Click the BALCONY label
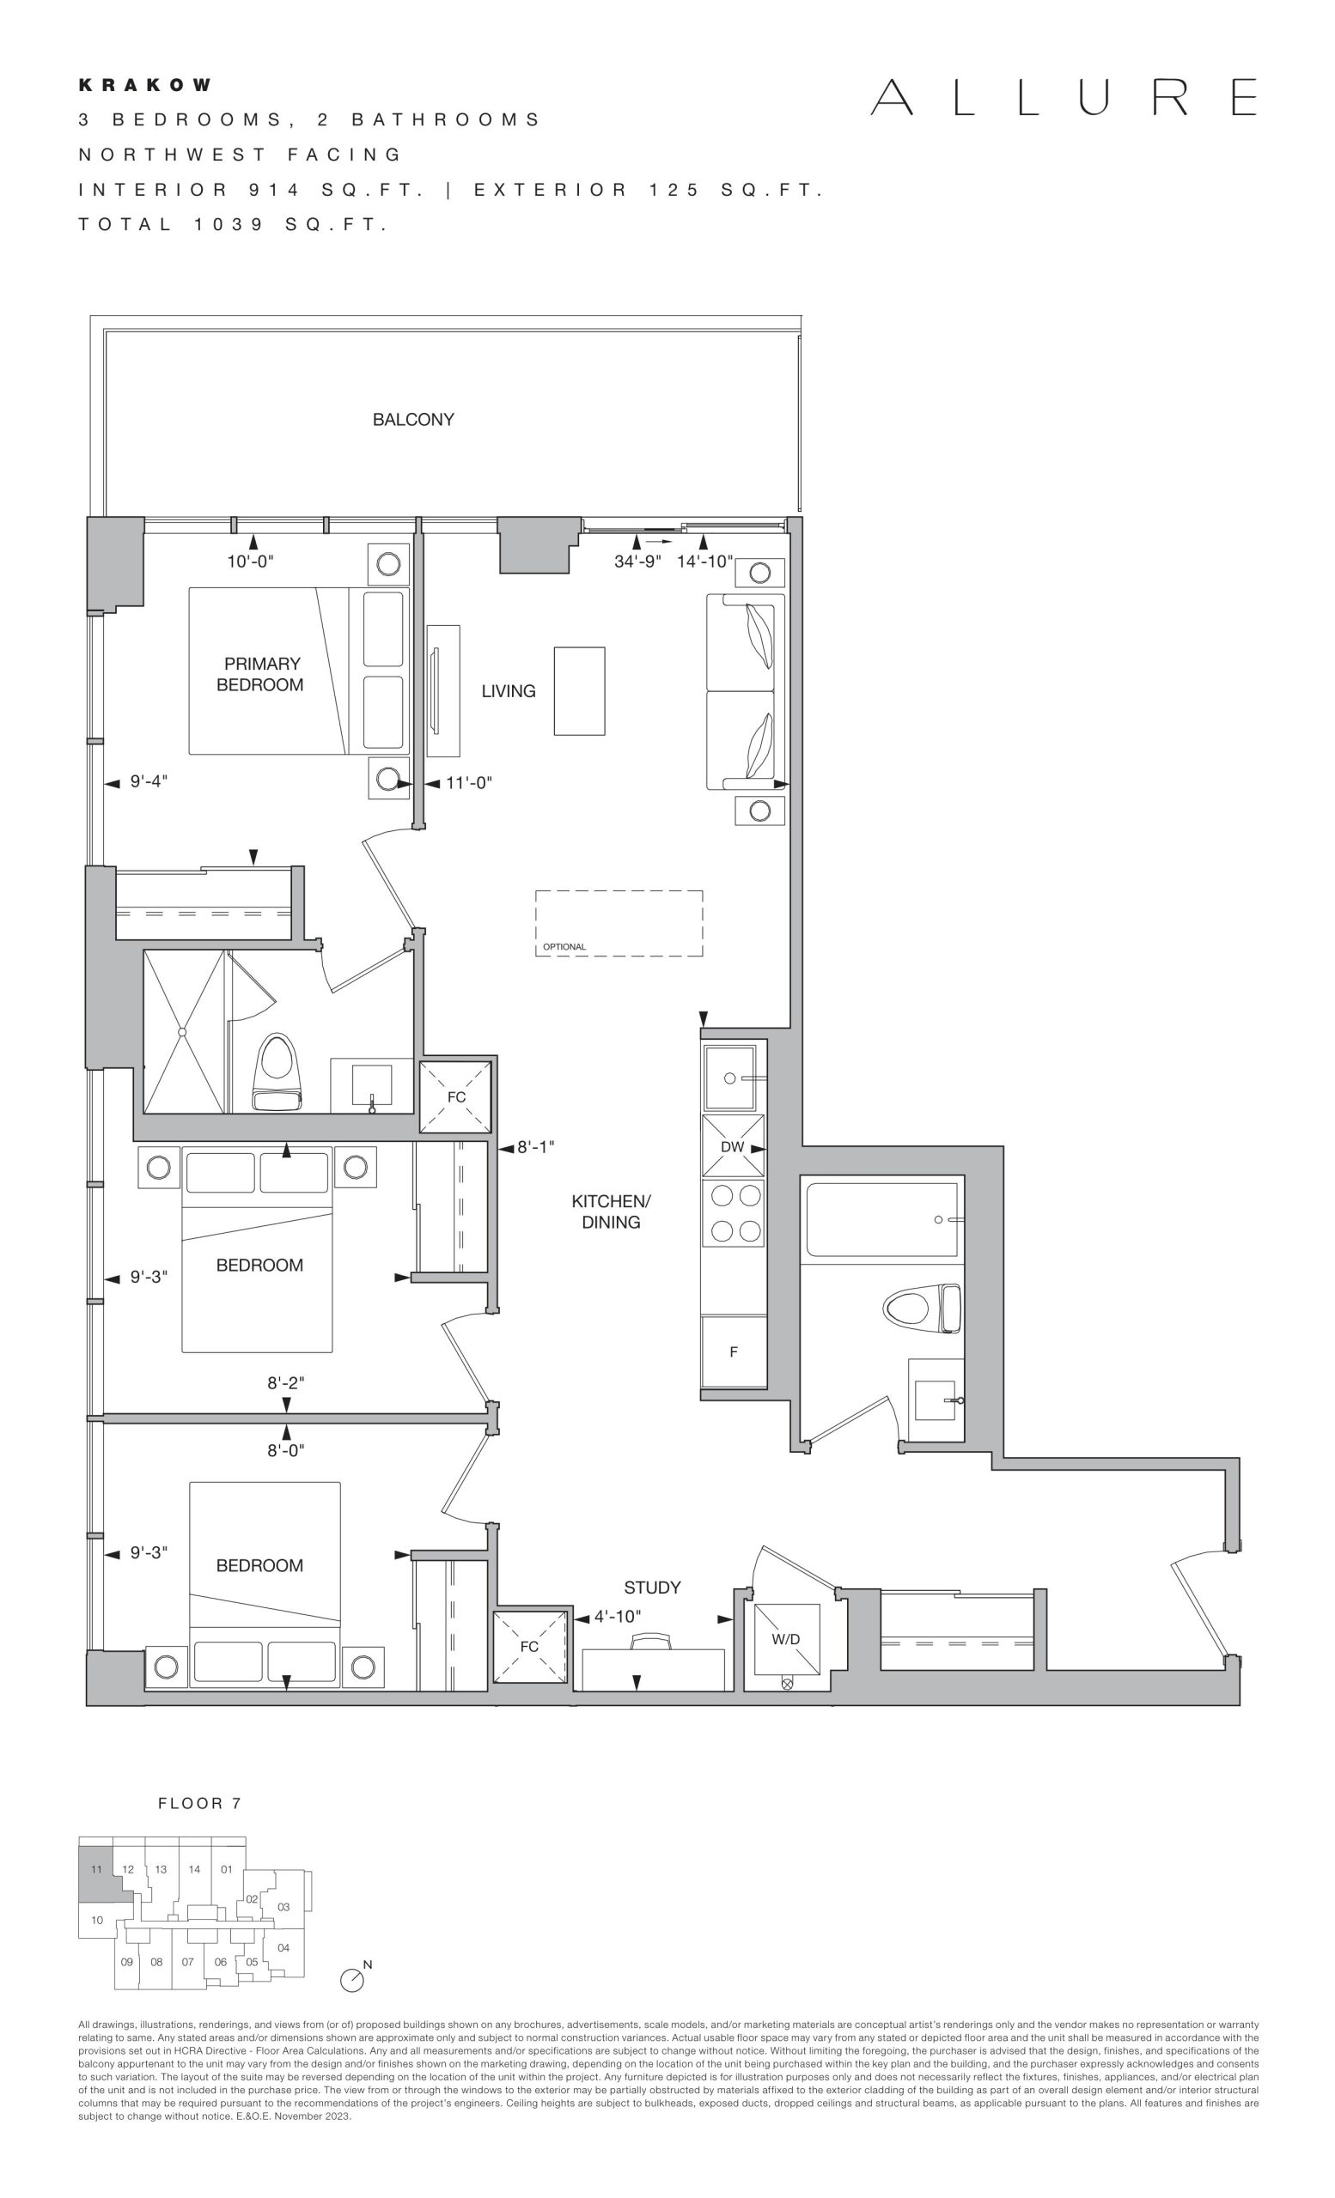click(x=413, y=419)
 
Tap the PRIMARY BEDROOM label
click(x=260, y=674)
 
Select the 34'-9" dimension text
click(x=637, y=562)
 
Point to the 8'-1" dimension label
click(x=536, y=1147)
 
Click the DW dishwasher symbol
click(x=733, y=1146)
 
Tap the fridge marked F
click(x=734, y=1351)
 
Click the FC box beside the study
click(x=530, y=1646)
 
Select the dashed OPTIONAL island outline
click(x=619, y=923)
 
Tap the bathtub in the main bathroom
click(x=881, y=1219)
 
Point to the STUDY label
click(x=652, y=1588)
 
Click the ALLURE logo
click(x=1064, y=97)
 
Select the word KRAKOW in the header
click(x=145, y=86)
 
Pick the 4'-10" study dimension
click(x=618, y=1617)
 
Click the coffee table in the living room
click(x=579, y=691)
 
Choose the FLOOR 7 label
click(x=200, y=1804)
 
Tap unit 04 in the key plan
click(x=283, y=1948)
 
